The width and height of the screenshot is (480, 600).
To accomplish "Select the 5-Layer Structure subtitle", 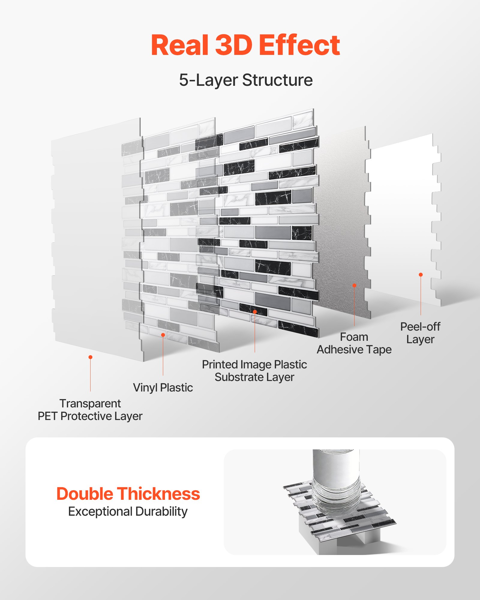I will pyautogui.click(x=246, y=80).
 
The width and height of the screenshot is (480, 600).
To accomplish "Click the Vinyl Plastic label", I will pyautogui.click(x=163, y=388).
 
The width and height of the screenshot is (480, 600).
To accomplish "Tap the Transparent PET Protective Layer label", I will pyautogui.click(x=90, y=410).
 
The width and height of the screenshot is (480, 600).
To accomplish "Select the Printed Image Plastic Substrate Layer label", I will pyautogui.click(x=254, y=371).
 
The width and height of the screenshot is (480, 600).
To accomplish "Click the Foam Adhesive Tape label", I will pyautogui.click(x=354, y=343).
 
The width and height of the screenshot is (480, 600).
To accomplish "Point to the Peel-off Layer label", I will pyautogui.click(x=420, y=333).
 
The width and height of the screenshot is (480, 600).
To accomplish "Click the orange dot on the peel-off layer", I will pyautogui.click(x=421, y=274).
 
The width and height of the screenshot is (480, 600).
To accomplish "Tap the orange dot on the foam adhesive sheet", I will pyautogui.click(x=354, y=285).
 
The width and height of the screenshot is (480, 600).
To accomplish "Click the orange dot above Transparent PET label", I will pyautogui.click(x=90, y=357).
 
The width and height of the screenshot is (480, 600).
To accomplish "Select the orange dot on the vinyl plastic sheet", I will pyautogui.click(x=163, y=335).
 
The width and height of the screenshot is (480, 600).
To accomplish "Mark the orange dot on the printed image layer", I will pyautogui.click(x=255, y=312).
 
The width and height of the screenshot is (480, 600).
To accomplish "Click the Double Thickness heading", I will pyautogui.click(x=128, y=494).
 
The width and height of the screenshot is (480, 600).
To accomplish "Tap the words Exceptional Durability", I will pyautogui.click(x=128, y=511).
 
